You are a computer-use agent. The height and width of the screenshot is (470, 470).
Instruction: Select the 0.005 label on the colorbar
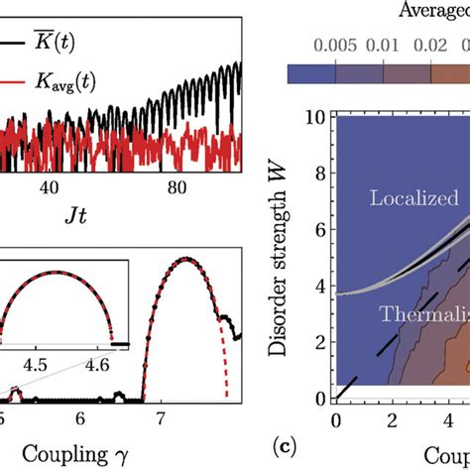click(335, 48)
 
